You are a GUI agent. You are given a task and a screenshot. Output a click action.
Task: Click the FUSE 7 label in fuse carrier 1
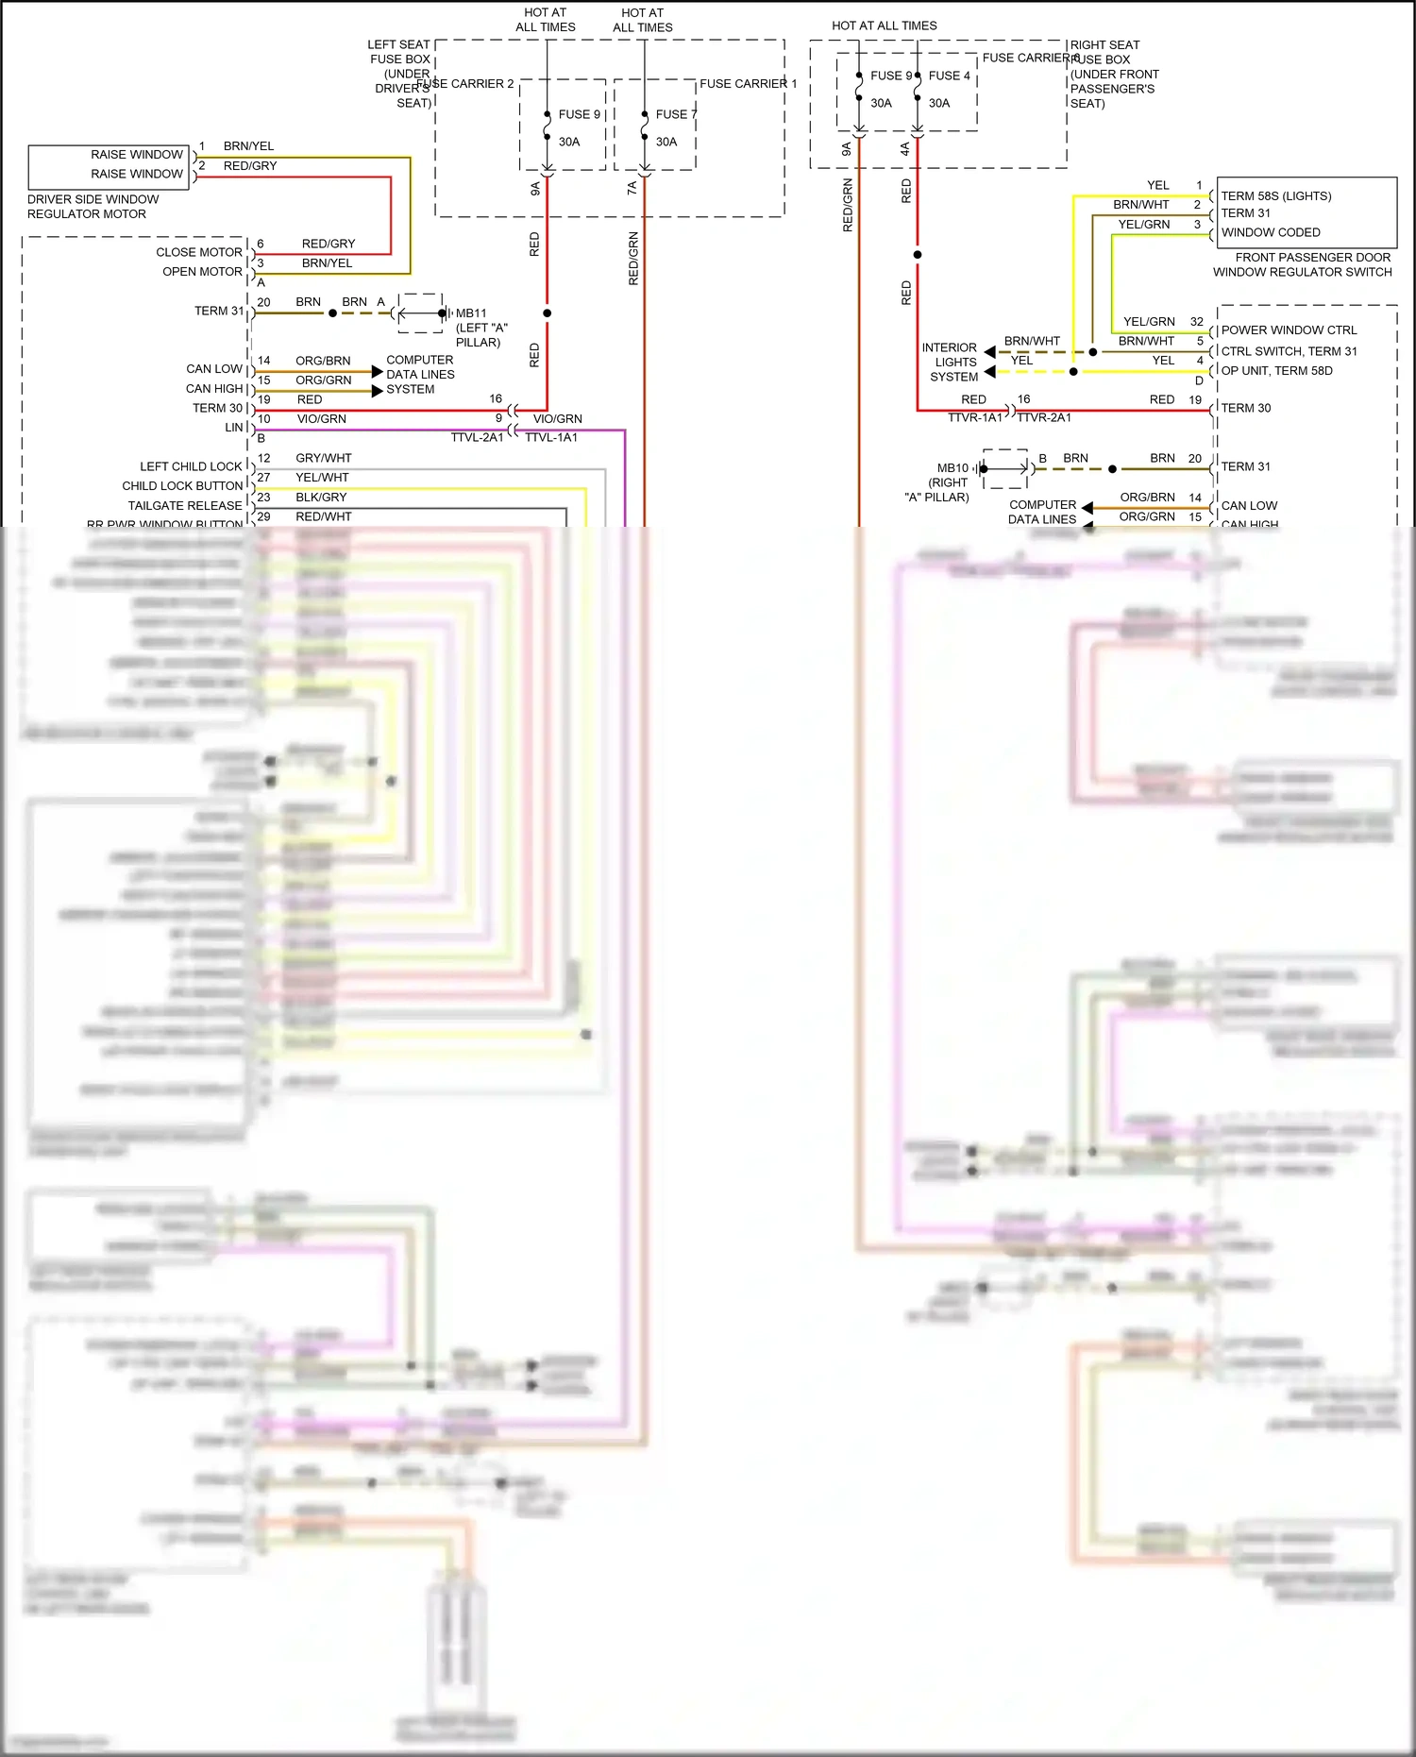tap(676, 114)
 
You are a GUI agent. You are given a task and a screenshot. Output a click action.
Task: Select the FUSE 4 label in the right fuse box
tap(949, 76)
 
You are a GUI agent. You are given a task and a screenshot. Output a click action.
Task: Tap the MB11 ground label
tap(471, 313)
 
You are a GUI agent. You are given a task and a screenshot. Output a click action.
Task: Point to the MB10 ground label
tap(952, 468)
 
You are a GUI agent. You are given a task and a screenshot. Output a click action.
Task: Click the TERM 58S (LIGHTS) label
tap(1276, 196)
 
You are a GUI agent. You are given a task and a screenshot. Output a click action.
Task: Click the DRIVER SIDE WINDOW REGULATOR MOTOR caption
tap(93, 207)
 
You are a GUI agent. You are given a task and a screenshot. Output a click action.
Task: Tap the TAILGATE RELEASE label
tap(185, 506)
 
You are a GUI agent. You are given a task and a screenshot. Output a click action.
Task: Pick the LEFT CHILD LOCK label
tap(191, 466)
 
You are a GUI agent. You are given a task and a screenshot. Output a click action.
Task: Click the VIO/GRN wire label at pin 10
tap(321, 419)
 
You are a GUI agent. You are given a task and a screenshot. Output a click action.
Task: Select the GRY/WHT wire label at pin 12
tap(323, 458)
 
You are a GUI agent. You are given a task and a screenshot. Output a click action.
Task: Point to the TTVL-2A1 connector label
tap(477, 438)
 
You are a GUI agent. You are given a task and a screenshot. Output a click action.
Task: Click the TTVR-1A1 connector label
tap(974, 417)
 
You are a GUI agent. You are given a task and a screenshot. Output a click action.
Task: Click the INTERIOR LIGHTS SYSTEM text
tap(950, 363)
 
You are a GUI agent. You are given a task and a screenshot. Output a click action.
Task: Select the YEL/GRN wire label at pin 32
tap(1149, 322)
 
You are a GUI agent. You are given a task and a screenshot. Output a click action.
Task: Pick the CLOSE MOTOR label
tap(199, 252)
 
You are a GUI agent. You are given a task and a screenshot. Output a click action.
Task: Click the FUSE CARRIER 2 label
tap(465, 84)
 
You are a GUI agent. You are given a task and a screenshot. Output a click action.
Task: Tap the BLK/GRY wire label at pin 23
tap(321, 498)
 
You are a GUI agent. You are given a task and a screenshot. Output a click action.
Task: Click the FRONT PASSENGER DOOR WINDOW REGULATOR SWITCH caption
tap(1304, 264)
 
